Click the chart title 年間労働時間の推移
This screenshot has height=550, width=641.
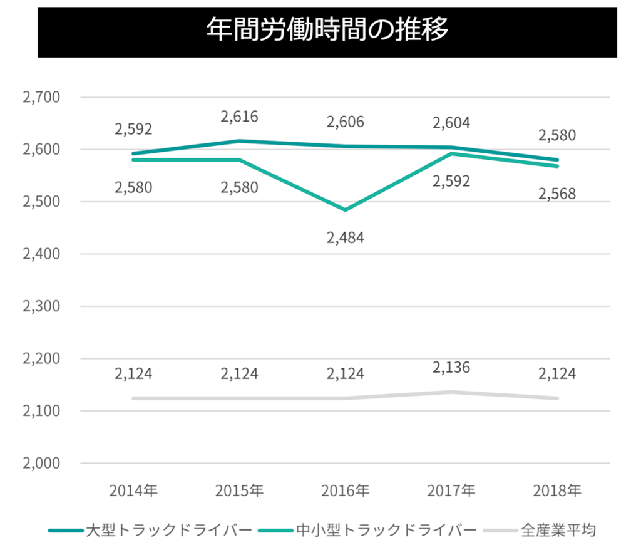coord(327,29)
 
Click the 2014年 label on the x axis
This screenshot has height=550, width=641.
coord(133,489)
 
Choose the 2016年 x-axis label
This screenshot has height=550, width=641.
coord(345,489)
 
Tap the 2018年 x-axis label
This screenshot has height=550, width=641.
coord(557,489)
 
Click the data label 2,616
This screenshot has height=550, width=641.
coord(239,117)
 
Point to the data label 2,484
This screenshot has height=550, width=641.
coord(345,237)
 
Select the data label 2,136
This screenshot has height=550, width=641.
coord(451,367)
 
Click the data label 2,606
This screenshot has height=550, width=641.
coord(345,122)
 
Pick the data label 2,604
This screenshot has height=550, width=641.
coord(451,122)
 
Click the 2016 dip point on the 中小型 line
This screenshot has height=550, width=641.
coord(345,210)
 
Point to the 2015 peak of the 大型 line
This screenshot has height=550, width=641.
coord(239,141)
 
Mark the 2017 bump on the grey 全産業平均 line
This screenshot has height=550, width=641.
coord(451,392)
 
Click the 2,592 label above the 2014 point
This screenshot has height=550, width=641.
coord(133,129)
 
